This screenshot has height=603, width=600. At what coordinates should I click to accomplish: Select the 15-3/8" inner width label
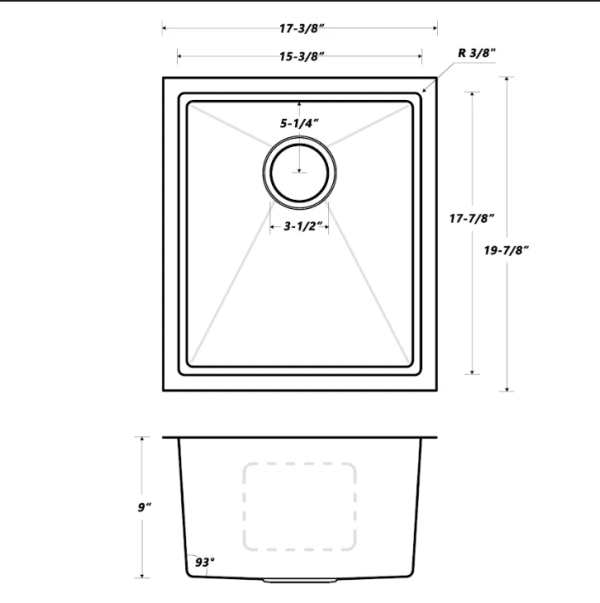[300, 57]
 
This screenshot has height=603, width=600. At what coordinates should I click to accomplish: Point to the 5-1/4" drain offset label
[299, 122]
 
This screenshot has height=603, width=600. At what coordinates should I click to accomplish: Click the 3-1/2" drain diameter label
[299, 226]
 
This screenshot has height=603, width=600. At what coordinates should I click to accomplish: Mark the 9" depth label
[147, 508]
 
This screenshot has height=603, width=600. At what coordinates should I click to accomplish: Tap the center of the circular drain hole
[299, 169]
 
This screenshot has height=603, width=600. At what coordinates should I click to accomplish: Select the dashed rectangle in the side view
[300, 506]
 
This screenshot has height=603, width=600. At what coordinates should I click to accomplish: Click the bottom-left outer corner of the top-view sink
[162, 391]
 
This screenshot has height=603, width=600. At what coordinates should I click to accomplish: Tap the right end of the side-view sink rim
[439, 437]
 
